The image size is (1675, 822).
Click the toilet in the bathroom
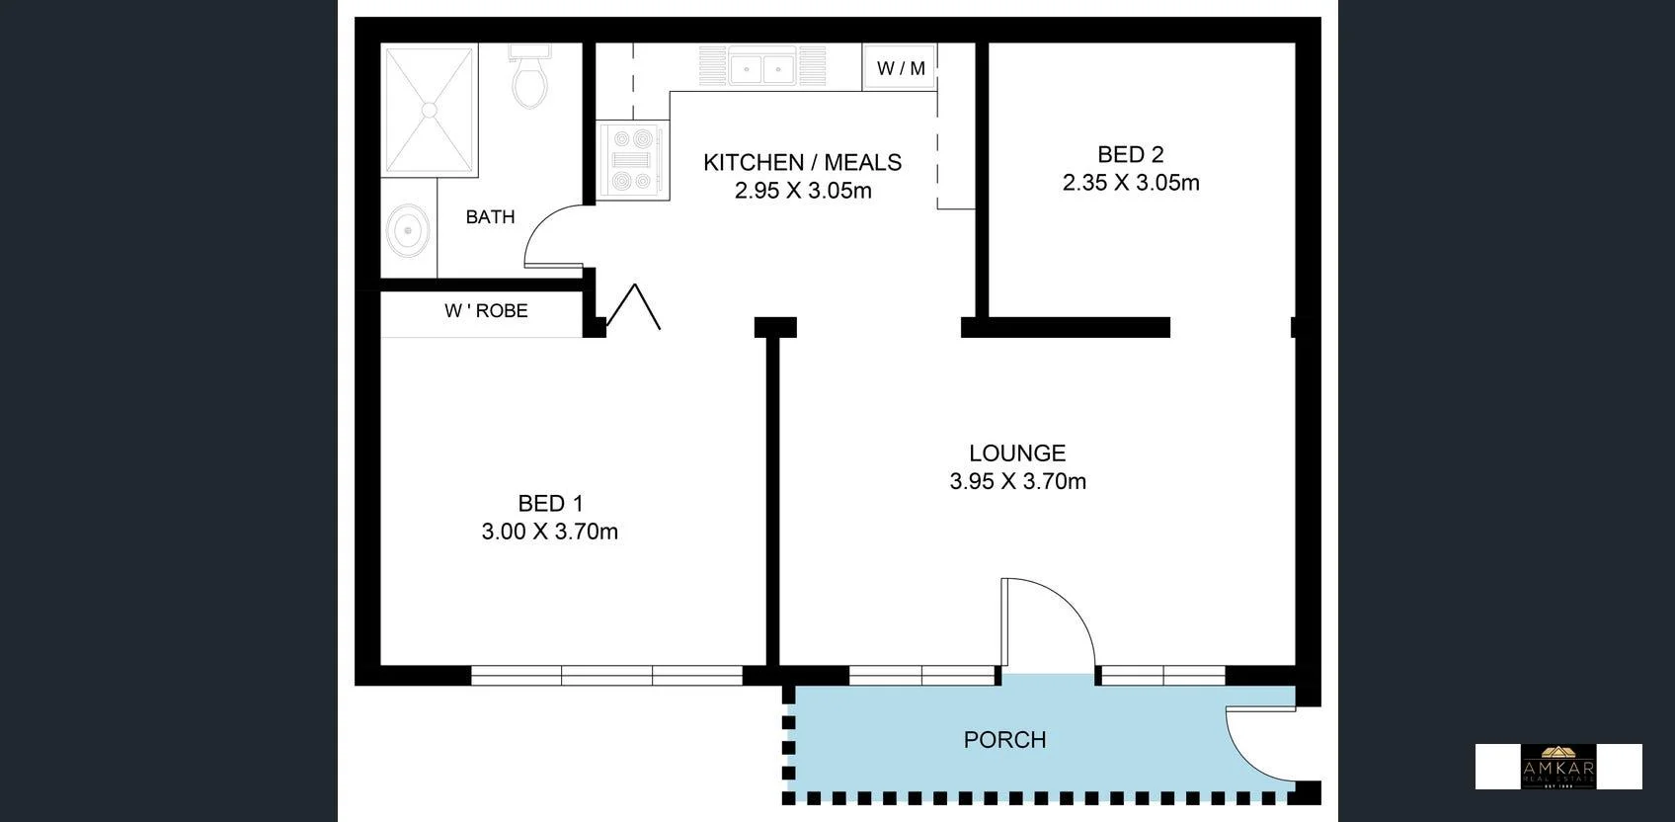530,79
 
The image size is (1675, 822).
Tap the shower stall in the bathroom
430,110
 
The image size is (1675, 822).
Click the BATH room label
490,217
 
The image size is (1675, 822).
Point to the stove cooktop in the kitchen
632,160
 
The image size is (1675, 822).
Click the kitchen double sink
762,68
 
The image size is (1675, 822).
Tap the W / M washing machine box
900,68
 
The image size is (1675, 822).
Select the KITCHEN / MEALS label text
802,162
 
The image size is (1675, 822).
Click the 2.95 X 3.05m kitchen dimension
802,191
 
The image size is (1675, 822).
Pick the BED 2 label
1130,154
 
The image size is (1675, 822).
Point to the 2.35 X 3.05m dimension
1130,183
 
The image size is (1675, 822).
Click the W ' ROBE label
486,311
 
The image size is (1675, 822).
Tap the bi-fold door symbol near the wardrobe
633,306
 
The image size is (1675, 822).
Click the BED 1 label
550,504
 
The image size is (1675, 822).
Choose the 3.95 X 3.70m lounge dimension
1017,481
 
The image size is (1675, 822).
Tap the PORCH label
1004,740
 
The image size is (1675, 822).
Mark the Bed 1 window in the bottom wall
606,676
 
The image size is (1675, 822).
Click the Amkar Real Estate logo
1557,767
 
